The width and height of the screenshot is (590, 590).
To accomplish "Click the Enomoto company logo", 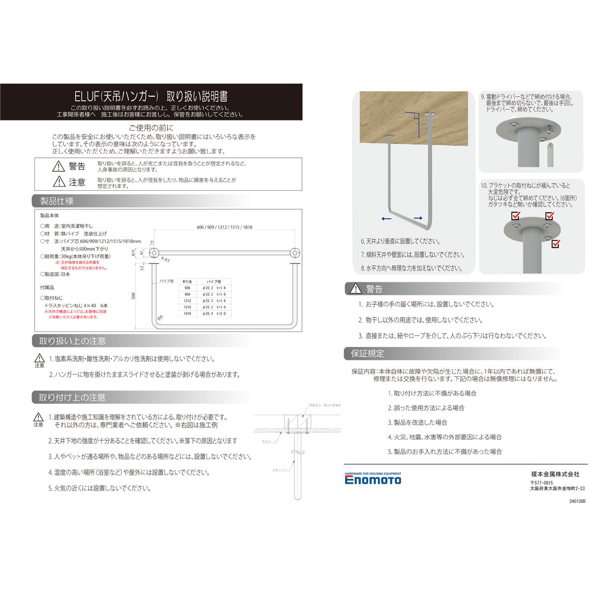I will coord(373,479).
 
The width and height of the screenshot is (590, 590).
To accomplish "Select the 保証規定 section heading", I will coord(367,354).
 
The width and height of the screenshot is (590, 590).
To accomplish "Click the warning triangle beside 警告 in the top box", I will coord(59,166).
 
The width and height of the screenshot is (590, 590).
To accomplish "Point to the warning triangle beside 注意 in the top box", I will coord(59,181).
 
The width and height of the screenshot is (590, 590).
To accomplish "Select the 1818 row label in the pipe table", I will coord(187,313).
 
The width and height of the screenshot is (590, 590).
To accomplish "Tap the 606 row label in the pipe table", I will coord(187,288).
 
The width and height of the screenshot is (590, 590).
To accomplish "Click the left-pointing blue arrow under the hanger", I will coord(386,218).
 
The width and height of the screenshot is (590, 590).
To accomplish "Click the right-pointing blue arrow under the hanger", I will coord(418,218).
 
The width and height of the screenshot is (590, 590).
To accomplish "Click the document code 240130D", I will coord(578,502).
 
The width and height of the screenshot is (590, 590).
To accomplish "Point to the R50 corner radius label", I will coord(159,318).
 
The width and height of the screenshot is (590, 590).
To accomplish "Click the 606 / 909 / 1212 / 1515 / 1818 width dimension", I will coord(224,227).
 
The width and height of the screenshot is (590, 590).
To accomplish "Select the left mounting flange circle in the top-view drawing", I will coord(153,253).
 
